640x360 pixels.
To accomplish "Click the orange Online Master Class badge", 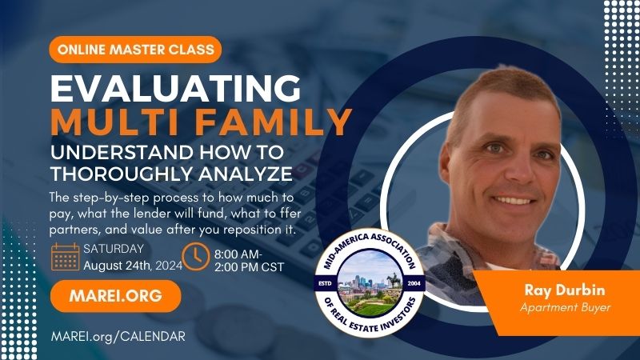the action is (135, 50).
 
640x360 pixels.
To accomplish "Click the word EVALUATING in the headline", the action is (175, 88).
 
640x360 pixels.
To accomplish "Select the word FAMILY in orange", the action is (273, 122).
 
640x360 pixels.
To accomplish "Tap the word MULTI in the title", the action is (117, 122).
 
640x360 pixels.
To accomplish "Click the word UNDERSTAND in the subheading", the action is (122, 153).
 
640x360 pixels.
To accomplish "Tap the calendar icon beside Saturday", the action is (66, 257).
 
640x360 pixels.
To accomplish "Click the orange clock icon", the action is (196, 257).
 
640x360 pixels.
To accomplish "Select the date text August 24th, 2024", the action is (133, 266).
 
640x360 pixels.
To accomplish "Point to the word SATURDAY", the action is (114, 249).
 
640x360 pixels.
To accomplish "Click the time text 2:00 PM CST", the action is (249, 267).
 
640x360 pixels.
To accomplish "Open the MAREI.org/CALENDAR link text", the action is (118, 336).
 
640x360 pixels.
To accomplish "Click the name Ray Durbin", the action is (565, 290).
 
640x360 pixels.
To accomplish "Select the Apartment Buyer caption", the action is (566, 307).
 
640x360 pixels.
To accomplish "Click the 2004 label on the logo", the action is (414, 283).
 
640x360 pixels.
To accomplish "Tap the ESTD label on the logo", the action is (325, 283).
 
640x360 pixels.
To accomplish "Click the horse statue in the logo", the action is (393, 280).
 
